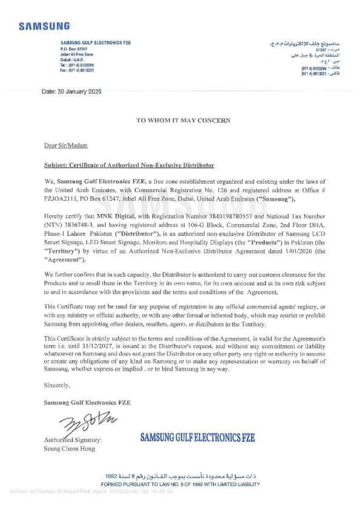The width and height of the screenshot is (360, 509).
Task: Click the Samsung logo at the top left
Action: click(x=44, y=26)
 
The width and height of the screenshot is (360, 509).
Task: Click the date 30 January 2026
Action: click(x=71, y=91)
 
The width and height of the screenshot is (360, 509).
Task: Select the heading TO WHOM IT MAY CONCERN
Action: click(x=183, y=120)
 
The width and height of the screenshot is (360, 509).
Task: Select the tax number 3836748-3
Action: click(x=75, y=224)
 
